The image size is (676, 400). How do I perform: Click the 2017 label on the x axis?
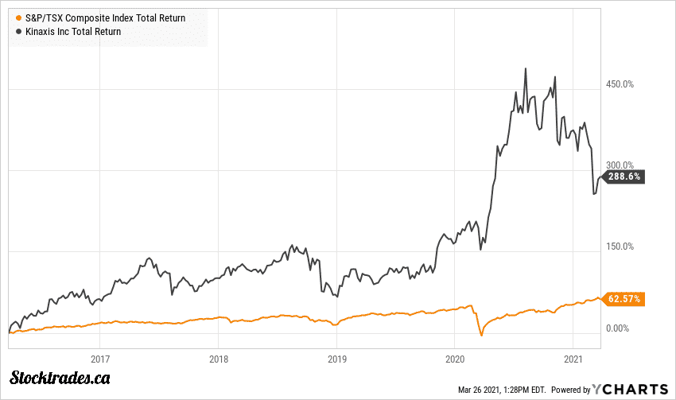tap(99, 358)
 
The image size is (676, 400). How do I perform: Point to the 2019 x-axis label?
tap(336, 358)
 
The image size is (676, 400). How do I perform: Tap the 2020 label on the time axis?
tap(454, 358)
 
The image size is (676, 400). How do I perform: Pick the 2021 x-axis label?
tap(573, 358)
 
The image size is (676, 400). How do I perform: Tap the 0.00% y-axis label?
tap(619, 328)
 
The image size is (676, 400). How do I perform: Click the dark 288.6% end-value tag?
tap(623, 177)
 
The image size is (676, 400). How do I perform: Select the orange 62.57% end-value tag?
tap(624, 299)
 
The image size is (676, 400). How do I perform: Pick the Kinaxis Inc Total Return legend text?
tap(72, 31)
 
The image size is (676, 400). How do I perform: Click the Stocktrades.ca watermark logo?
tap(60, 377)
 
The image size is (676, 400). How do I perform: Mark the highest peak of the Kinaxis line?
tap(526, 68)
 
